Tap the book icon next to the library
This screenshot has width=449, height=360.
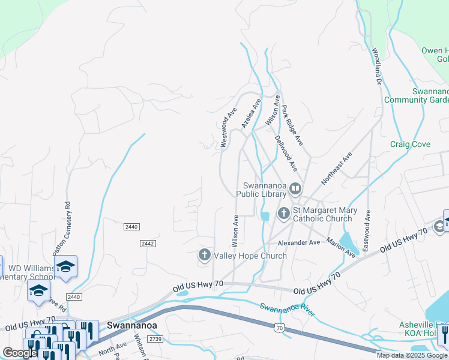point(295,189)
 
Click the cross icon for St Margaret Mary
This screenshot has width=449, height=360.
point(283,213)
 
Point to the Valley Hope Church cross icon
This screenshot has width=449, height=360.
point(204,256)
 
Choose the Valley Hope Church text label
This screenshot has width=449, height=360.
point(250,256)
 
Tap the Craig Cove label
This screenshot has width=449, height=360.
point(410,144)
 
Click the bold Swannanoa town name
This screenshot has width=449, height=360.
point(131,325)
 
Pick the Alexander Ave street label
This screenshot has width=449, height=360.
point(299,242)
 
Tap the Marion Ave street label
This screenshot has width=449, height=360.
point(341,248)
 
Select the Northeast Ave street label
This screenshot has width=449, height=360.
point(336,168)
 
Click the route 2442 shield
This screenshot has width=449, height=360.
point(147,243)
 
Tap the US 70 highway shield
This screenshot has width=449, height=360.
point(277,328)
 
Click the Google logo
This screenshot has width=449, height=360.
point(19,353)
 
